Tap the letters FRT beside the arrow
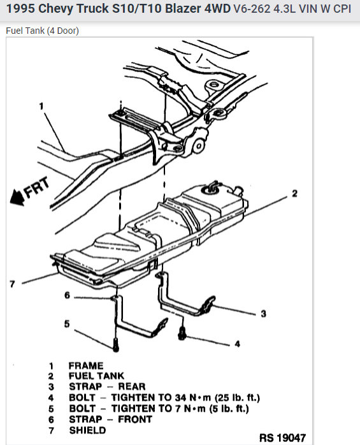(x=36, y=187)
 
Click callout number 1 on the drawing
(x=41, y=106)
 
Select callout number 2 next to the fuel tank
(x=295, y=194)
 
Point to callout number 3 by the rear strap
(x=264, y=314)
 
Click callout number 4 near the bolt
(x=237, y=344)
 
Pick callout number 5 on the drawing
(x=67, y=324)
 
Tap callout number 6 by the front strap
(x=67, y=295)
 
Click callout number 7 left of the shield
(x=12, y=284)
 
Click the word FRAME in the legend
(x=86, y=365)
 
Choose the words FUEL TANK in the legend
(x=96, y=376)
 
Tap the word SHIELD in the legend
(x=87, y=430)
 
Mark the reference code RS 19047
(x=282, y=437)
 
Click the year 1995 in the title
(x=20, y=9)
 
